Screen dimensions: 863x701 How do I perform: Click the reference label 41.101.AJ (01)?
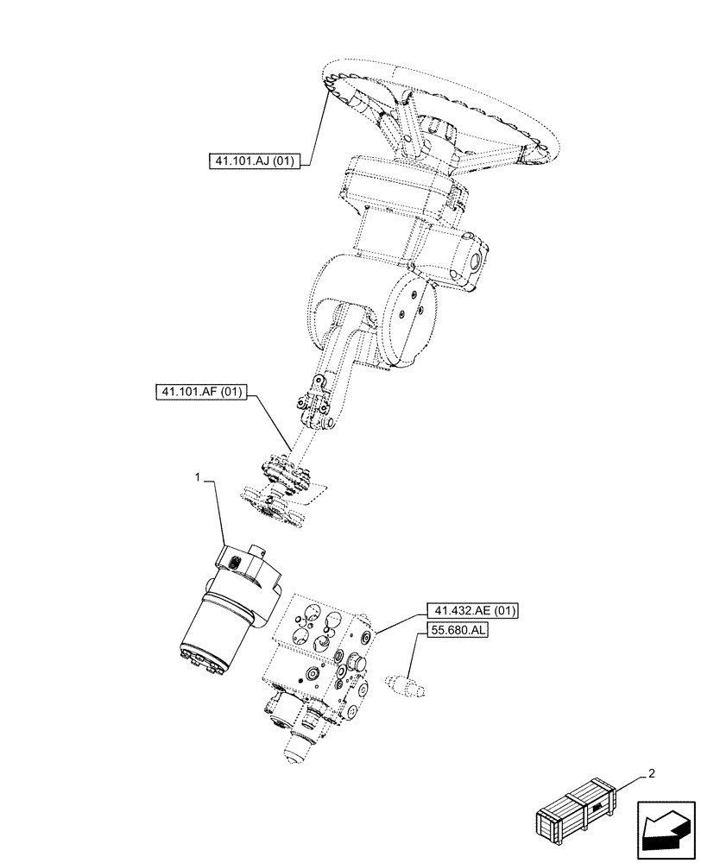252,161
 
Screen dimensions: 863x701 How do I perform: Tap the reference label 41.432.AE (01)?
470,611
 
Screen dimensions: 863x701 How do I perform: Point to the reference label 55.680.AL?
456,632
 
